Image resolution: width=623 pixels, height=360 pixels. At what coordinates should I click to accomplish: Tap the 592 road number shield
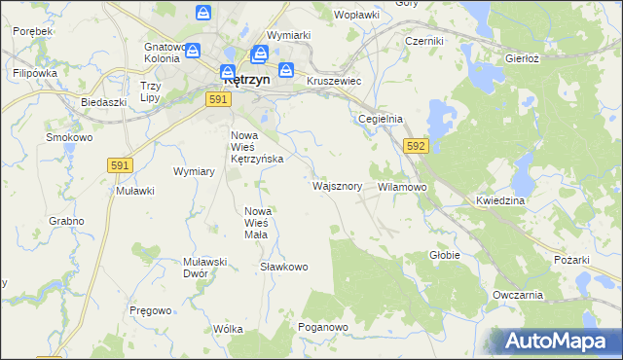click(416, 146)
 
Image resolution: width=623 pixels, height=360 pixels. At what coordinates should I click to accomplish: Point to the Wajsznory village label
click(338, 185)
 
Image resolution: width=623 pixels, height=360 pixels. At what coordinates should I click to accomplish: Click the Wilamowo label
click(402, 186)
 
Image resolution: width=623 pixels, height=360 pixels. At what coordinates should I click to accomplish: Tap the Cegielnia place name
click(380, 119)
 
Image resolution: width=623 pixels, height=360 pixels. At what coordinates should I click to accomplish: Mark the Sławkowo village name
click(284, 267)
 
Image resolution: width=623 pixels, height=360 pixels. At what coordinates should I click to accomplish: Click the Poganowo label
click(323, 328)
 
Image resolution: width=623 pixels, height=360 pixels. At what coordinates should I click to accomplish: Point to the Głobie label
click(444, 255)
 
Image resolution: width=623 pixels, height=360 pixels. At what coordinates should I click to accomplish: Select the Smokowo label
click(69, 138)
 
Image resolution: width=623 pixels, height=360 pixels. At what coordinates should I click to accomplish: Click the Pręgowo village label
click(151, 310)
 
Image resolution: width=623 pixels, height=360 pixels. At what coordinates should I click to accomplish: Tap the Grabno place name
click(66, 221)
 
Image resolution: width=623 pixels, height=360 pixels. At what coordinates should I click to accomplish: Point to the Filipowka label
click(35, 73)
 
